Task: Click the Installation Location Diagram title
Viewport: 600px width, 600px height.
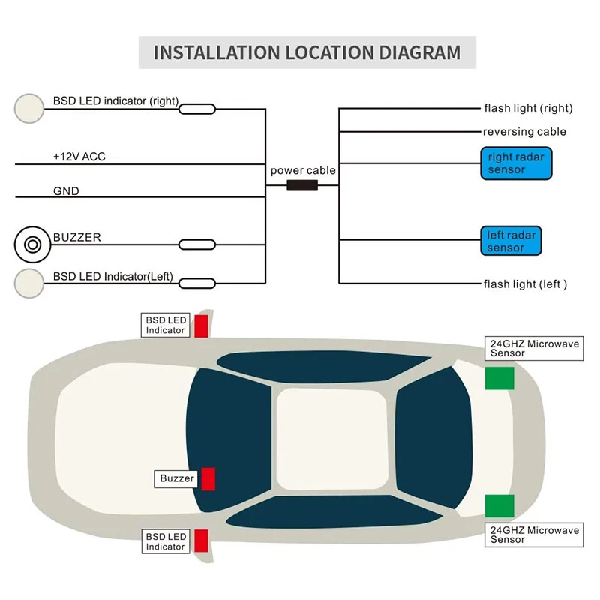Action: pos(307,52)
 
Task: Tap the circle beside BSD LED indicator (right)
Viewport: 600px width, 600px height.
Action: pos(29,108)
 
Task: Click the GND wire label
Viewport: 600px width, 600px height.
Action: pos(66,191)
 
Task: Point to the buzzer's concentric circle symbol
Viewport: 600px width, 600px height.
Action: pos(32,244)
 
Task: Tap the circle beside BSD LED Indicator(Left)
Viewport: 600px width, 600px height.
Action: pos(29,283)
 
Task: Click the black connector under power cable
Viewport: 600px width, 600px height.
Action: pos(302,184)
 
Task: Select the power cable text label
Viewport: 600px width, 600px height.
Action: pos(303,170)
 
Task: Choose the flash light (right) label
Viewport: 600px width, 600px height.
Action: pos(528,108)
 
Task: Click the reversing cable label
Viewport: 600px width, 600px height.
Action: pos(524,132)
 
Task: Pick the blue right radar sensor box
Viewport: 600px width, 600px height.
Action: pos(516,163)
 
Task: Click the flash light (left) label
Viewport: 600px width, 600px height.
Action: pos(525,283)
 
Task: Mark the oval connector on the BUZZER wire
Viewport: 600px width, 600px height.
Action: pos(197,244)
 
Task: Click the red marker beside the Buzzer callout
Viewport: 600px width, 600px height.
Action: pos(208,478)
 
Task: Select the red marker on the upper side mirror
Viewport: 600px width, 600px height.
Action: pos(201,326)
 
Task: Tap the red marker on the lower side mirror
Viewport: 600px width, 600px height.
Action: pos(201,540)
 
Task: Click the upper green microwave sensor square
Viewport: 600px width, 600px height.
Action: pos(499,379)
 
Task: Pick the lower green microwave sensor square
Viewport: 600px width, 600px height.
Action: pos(499,506)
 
